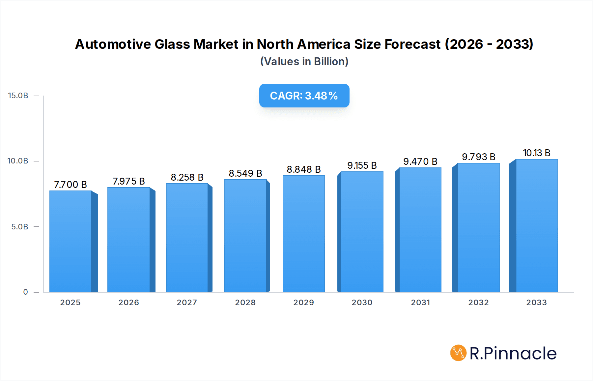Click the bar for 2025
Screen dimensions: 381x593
pyautogui.click(x=71, y=241)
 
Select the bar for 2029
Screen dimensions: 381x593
pyautogui.click(x=303, y=234)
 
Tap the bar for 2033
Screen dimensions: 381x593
pyautogui.click(x=537, y=225)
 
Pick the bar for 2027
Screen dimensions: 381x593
pyautogui.click(x=187, y=238)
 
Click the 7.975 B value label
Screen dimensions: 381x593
pyautogui.click(x=129, y=181)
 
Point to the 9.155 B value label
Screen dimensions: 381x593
pyautogui.click(x=362, y=165)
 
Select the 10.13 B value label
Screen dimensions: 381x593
pyautogui.click(x=537, y=153)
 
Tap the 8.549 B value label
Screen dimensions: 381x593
pyautogui.click(x=245, y=173)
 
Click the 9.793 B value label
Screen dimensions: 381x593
pyautogui.click(x=478, y=157)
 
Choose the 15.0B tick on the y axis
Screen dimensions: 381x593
pyautogui.click(x=18, y=96)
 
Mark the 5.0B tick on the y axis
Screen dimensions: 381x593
pyautogui.click(x=20, y=227)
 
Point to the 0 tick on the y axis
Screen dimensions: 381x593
pyautogui.click(x=25, y=292)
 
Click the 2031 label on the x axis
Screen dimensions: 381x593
pyautogui.click(x=420, y=303)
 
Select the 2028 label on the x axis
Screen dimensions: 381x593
pyautogui.click(x=245, y=303)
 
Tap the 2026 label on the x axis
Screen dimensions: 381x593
pyautogui.click(x=129, y=303)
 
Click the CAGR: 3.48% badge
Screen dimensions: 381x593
pyautogui.click(x=304, y=96)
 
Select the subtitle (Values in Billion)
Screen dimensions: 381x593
pyautogui.click(x=304, y=62)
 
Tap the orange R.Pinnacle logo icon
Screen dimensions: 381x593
pyautogui.click(x=458, y=353)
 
